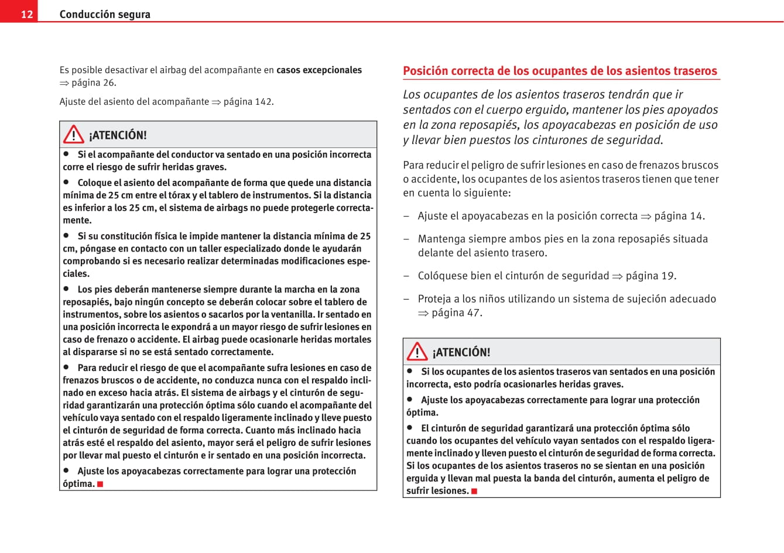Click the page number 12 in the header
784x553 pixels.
(x=27, y=14)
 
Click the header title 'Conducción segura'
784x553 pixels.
(x=105, y=14)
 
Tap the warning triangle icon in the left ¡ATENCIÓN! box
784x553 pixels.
(x=74, y=135)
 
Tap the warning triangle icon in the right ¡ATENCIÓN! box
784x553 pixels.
(x=417, y=351)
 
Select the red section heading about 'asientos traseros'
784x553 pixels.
(x=560, y=71)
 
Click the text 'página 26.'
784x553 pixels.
(x=94, y=83)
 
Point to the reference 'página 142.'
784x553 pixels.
(x=248, y=101)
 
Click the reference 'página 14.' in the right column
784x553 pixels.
(x=679, y=216)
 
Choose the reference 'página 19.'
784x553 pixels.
(x=651, y=276)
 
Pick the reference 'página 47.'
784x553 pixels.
(x=457, y=312)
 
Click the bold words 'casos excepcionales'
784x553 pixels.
(x=319, y=70)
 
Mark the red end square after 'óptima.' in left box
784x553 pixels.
(x=101, y=484)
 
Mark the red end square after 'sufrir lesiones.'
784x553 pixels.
(x=474, y=491)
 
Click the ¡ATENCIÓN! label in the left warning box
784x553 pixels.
(x=118, y=135)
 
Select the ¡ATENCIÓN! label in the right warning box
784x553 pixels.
(x=461, y=352)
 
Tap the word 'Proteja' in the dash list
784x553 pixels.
(x=434, y=298)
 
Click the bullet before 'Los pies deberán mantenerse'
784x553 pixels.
(x=67, y=288)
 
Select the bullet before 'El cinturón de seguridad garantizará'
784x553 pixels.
(x=410, y=428)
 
